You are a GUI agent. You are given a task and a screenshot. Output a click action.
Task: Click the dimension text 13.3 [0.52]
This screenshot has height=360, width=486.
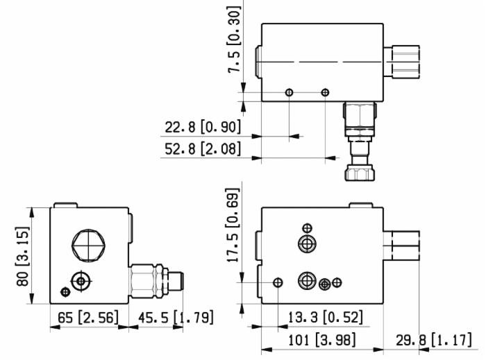tap(325, 318)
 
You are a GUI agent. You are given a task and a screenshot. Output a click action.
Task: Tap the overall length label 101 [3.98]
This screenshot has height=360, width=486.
tap(321, 341)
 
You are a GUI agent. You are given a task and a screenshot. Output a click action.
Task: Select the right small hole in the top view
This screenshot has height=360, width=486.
tap(325, 92)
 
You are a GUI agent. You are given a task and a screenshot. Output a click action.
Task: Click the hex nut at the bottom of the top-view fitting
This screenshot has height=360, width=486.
tap(360, 170)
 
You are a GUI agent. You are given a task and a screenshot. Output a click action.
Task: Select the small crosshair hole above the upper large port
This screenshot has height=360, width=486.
tap(307, 228)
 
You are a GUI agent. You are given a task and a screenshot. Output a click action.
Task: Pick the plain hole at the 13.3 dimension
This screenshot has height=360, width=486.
tap(278, 282)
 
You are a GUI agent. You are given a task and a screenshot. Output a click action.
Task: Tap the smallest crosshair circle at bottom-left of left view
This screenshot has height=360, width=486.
tap(66, 291)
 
